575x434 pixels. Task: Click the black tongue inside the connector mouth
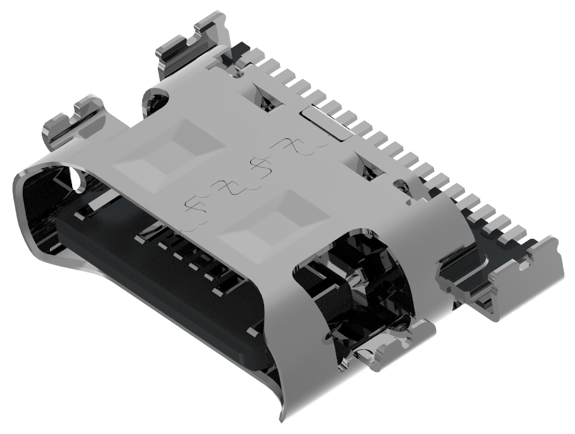158,272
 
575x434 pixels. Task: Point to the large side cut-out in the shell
354,284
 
